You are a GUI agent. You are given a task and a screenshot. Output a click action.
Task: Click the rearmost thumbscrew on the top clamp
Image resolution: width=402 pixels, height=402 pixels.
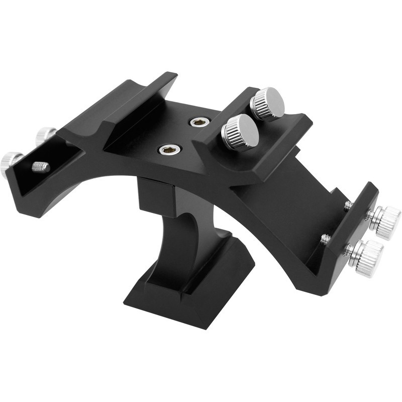coord(267,103)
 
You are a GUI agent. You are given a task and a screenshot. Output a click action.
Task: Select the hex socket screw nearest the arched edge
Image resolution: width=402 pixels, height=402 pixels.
coord(170,149)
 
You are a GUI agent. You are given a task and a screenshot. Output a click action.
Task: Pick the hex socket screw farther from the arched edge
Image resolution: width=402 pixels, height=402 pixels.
coord(199,122)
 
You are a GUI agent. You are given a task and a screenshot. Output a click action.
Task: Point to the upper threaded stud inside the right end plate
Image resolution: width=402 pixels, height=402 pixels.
coord(348,206)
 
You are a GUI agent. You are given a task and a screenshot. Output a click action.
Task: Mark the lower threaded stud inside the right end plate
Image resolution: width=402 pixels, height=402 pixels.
coord(326,239)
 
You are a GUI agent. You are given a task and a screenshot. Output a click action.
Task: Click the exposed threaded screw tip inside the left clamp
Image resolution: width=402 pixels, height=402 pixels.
coord(41,166)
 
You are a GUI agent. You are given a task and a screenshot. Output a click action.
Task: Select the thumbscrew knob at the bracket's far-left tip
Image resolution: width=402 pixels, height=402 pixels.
coord(9,163)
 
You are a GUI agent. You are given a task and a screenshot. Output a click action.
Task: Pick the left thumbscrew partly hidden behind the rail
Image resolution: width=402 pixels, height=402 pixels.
coord(46,135)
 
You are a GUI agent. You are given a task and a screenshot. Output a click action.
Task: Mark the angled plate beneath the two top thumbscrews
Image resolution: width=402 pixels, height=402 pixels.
coord(266,146)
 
